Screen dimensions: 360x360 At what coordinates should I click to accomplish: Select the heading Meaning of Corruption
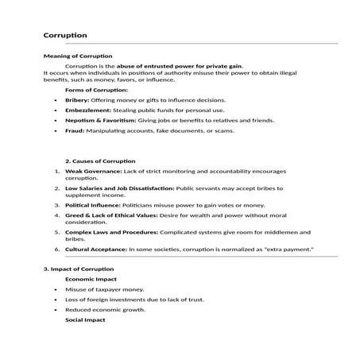[78, 56]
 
